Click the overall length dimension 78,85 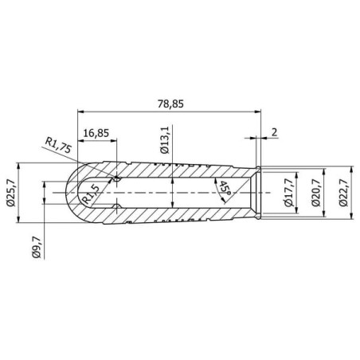tap(170, 104)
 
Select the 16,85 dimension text tap(96, 133)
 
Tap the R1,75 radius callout tap(58, 145)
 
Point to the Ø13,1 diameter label tap(165, 140)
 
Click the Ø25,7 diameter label tap(10, 193)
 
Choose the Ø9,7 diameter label tap(36, 248)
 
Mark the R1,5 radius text tap(91, 194)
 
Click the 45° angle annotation tap(225, 188)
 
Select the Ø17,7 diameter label tap(289, 193)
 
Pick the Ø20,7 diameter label tap(315, 193)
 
